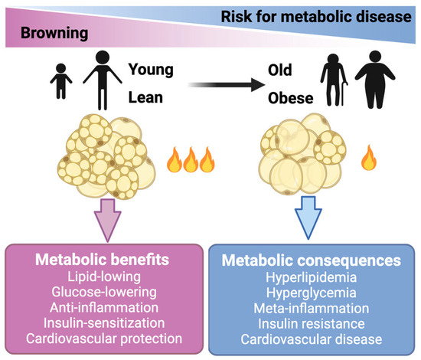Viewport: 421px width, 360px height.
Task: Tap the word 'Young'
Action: tap(152, 70)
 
